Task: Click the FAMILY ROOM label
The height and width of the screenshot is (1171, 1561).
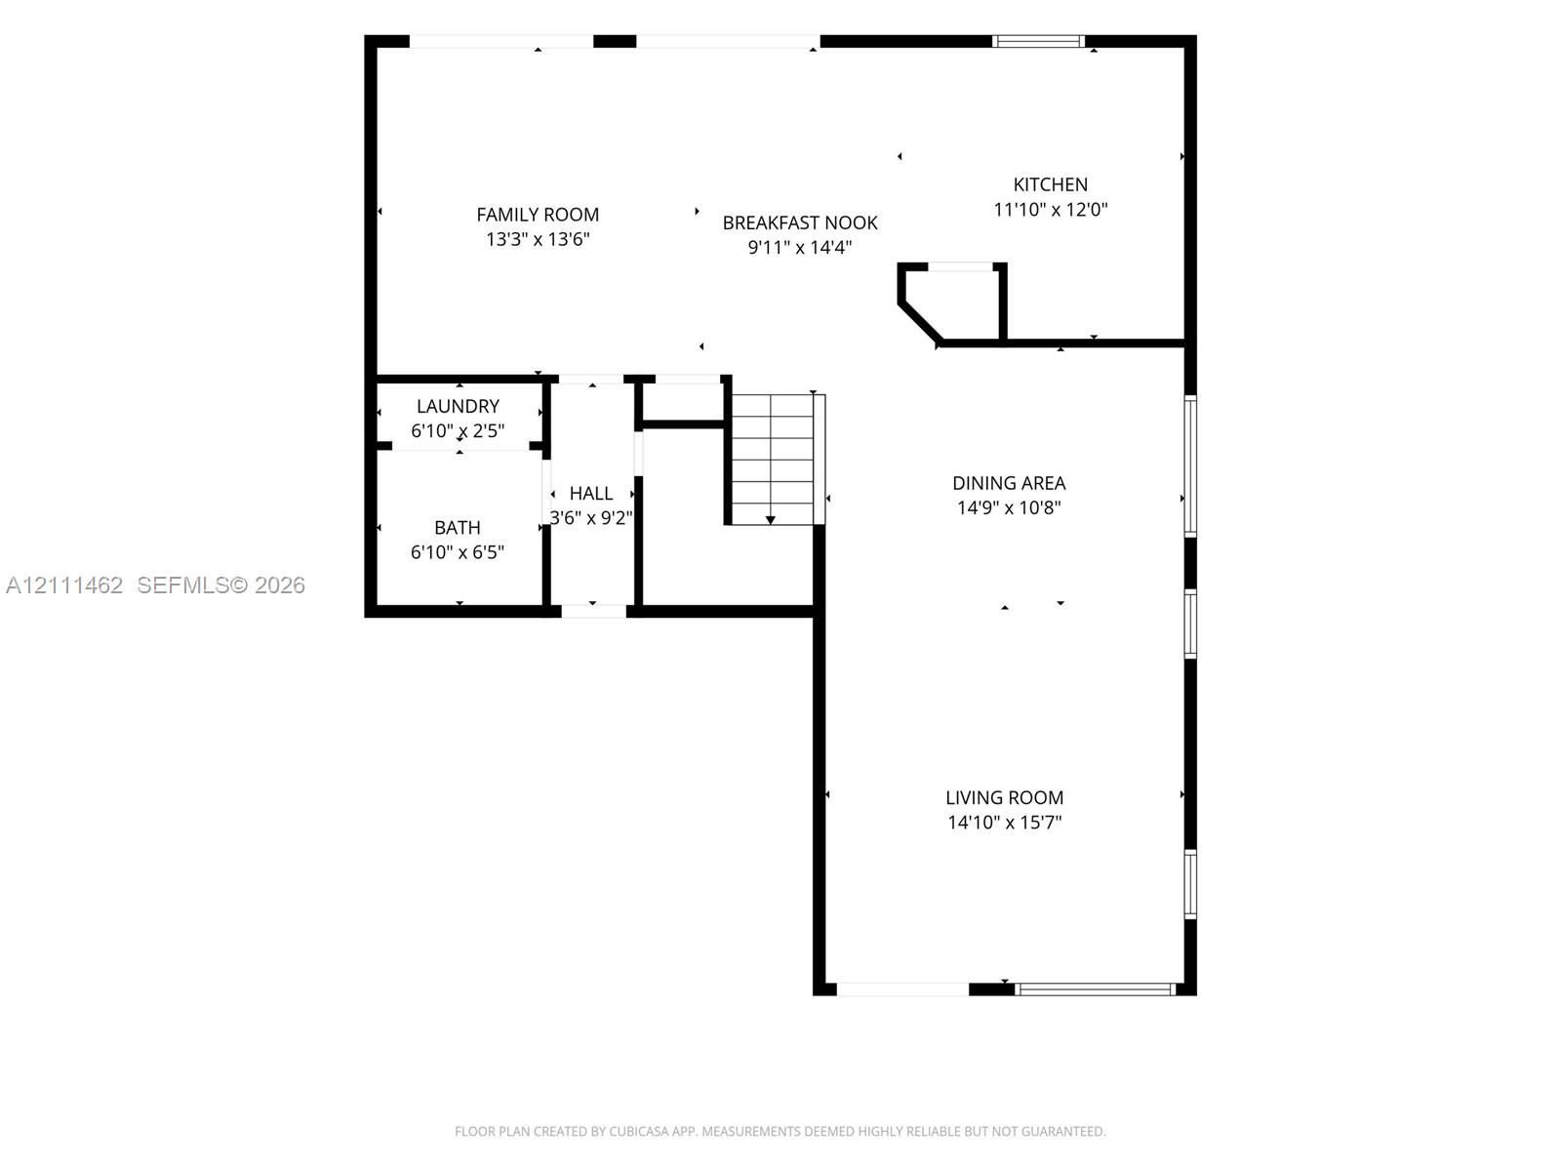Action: click(538, 214)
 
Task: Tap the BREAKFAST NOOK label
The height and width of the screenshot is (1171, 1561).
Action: click(800, 222)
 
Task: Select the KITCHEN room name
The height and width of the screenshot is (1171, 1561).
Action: click(1051, 184)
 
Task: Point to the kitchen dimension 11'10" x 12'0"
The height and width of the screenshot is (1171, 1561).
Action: click(1051, 210)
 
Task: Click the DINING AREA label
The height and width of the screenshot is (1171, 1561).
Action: click(1009, 483)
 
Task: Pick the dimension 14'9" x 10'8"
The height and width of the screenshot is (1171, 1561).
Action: click(1009, 507)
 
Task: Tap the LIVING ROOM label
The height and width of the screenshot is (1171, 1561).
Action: click(1004, 797)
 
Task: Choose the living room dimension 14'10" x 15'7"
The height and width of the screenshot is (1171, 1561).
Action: click(1004, 823)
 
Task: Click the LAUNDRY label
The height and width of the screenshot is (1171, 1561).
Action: click(458, 406)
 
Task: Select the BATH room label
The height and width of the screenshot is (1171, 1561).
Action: click(458, 528)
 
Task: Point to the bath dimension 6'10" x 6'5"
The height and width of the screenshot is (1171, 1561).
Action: click(458, 552)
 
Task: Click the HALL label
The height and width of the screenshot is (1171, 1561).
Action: click(591, 494)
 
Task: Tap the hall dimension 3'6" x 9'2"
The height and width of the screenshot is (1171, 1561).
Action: click(591, 517)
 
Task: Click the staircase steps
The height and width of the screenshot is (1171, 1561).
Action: click(773, 460)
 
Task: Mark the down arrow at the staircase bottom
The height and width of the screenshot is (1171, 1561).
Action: click(770, 520)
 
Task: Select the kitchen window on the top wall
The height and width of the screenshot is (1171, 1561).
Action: click(1038, 41)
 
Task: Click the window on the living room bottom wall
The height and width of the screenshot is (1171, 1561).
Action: click(1096, 989)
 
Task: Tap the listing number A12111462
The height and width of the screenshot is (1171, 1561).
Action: click(64, 585)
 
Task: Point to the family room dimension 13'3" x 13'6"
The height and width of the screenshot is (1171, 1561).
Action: click(538, 239)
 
